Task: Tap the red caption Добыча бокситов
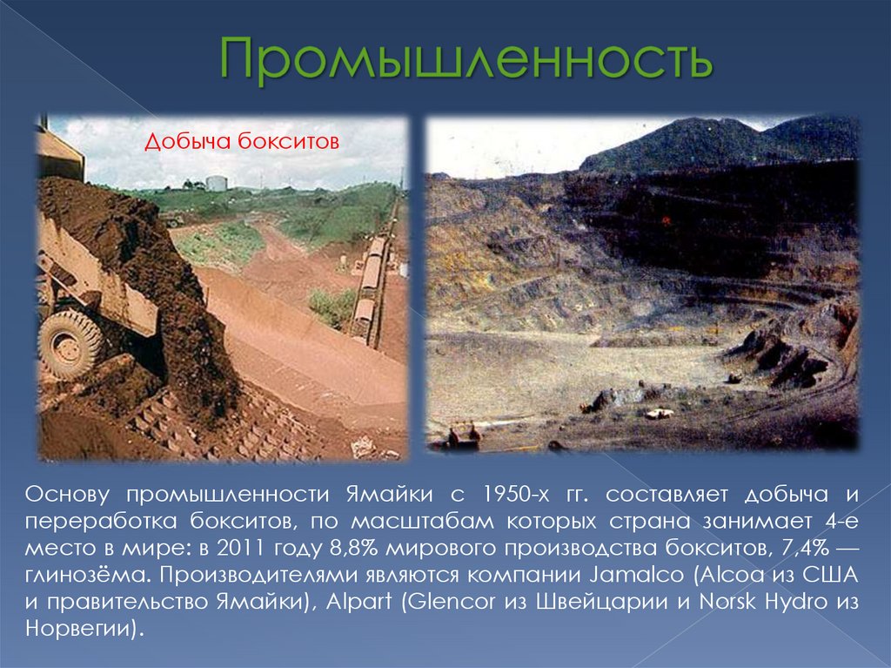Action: [x=241, y=141]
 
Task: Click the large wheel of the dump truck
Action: [x=70, y=343]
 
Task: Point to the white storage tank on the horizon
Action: [x=216, y=183]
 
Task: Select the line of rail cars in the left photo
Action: [x=369, y=283]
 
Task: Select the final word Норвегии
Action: [x=77, y=629]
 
